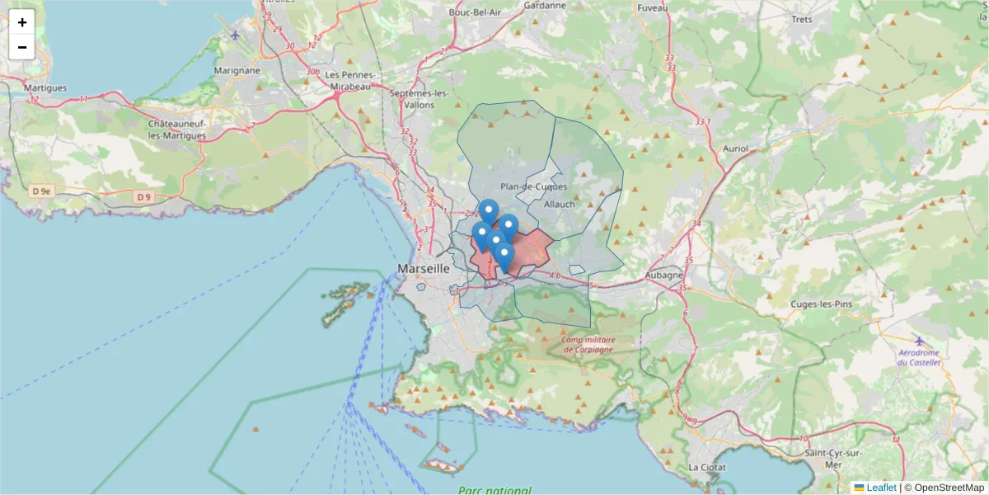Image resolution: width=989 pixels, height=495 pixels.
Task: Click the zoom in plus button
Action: (x=22, y=22)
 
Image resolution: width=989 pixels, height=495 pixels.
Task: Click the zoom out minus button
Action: (x=22, y=47)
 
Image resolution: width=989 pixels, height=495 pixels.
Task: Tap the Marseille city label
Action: (x=424, y=269)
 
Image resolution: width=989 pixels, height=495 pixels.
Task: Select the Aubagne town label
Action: (x=663, y=275)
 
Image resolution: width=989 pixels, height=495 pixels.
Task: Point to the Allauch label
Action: (x=560, y=204)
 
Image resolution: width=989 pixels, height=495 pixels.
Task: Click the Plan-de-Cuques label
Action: (x=533, y=187)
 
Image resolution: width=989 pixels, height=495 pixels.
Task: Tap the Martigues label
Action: (x=45, y=87)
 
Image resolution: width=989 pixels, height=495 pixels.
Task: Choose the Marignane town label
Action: (x=237, y=70)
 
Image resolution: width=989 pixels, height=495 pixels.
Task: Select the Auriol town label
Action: (x=734, y=149)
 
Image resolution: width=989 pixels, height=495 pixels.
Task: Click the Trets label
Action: (x=801, y=19)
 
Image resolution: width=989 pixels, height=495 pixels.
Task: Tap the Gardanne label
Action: (x=545, y=5)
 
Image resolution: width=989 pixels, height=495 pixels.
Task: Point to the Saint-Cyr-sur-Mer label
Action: (x=833, y=459)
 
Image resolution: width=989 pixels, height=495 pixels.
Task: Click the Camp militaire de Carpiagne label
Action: (x=588, y=344)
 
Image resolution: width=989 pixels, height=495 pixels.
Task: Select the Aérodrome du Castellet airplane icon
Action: (x=920, y=341)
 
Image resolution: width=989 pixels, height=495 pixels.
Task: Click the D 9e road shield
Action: (x=41, y=191)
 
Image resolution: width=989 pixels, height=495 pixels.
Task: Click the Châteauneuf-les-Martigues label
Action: (x=177, y=129)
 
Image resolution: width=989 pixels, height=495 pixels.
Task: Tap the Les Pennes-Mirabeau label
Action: (x=351, y=79)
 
